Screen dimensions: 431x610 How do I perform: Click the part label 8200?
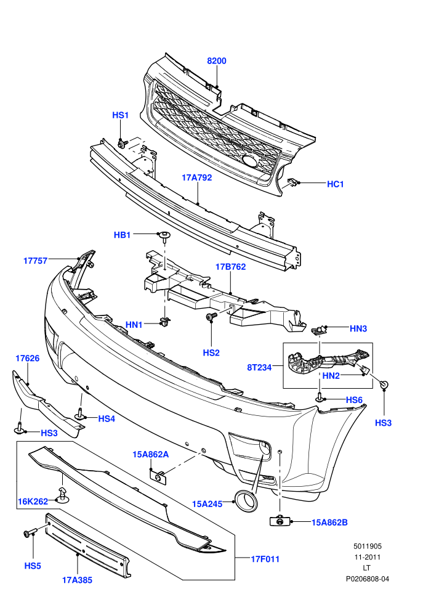(x=217, y=61)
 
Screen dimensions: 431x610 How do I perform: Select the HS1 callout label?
(x=120, y=116)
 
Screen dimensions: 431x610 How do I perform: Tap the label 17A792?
(x=197, y=178)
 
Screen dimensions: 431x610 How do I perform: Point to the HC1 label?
(x=336, y=184)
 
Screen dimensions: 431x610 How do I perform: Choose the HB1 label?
(x=122, y=235)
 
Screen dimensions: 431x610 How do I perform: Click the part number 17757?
(x=35, y=261)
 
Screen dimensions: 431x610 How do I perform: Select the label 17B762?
(x=230, y=267)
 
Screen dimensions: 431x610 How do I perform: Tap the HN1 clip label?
(x=134, y=325)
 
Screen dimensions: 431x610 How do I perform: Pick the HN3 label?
(x=358, y=329)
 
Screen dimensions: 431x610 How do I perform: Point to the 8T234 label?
(x=259, y=367)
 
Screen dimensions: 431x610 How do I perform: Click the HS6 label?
(x=354, y=400)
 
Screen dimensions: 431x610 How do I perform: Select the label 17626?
(x=28, y=358)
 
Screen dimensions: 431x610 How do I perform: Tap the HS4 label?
(x=107, y=418)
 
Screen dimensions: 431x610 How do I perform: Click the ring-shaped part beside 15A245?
(x=245, y=501)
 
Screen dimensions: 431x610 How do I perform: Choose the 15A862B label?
(x=329, y=523)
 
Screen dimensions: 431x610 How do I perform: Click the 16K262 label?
(x=33, y=502)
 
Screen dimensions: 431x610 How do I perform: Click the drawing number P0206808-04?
(x=368, y=579)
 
